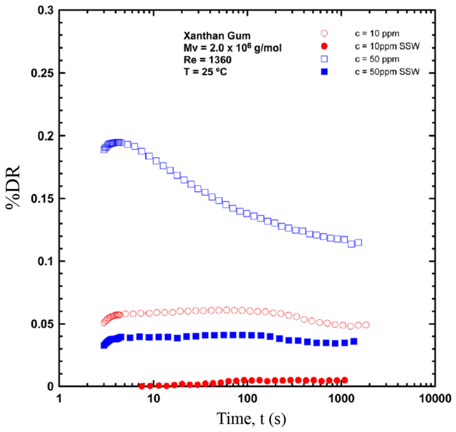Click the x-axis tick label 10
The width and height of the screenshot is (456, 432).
click(x=153, y=399)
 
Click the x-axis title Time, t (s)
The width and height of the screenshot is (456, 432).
click(x=251, y=418)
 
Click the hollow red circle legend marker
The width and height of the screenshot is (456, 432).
click(x=324, y=33)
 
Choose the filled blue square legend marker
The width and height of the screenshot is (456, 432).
click(x=324, y=72)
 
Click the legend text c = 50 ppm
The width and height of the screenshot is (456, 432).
click(x=377, y=59)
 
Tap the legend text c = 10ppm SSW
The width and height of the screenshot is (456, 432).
click(x=387, y=46)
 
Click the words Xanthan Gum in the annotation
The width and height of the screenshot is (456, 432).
click(x=217, y=36)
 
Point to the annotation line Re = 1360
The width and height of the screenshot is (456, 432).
click(x=207, y=60)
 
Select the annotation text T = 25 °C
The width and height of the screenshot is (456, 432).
click(x=205, y=72)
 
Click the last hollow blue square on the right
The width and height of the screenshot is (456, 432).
click(x=358, y=243)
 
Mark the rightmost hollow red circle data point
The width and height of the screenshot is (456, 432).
click(x=366, y=325)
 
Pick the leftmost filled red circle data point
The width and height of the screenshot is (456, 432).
click(x=142, y=386)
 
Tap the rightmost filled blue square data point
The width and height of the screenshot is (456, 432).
click(x=354, y=341)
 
